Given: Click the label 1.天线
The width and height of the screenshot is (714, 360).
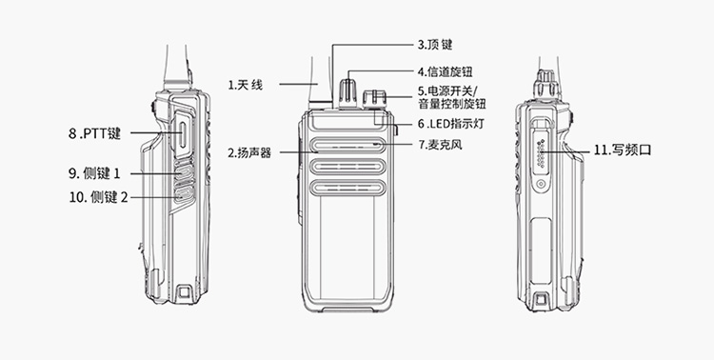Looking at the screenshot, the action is click(246, 85).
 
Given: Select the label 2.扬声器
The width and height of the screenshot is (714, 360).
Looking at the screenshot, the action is click(249, 152).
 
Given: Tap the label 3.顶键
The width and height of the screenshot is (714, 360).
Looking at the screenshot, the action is click(435, 45).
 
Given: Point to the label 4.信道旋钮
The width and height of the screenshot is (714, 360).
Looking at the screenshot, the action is click(445, 71).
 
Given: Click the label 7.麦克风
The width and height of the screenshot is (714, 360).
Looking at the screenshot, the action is click(441, 145).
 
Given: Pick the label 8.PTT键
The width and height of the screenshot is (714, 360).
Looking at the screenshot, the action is click(94, 133).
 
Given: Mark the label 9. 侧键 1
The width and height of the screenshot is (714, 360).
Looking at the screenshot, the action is click(94, 173).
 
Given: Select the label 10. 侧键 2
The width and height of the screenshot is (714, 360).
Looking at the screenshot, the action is click(99, 198).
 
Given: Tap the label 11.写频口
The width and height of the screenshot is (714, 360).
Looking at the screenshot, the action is click(623, 150).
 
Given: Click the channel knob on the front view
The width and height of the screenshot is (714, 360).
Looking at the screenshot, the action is click(349, 92).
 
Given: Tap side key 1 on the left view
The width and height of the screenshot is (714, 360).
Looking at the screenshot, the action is click(185, 174).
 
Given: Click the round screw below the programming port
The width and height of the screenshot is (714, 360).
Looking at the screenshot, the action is click(541, 184).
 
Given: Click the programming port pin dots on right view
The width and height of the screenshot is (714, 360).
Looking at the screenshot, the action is click(541, 152).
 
